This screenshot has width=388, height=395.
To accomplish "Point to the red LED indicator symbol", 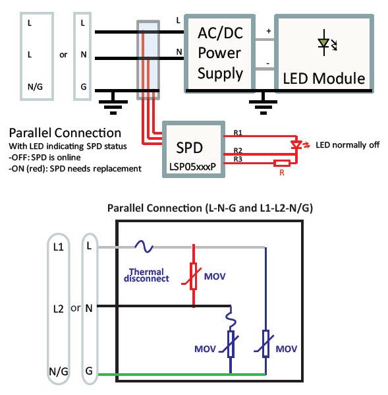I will coord(297,144).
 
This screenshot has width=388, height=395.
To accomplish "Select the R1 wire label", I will coord(239,134).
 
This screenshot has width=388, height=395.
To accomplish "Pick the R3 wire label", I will coord(239,159).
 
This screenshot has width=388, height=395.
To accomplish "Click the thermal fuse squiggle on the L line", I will coord(144,247).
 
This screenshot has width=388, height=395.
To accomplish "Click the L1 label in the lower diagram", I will coord(57,246).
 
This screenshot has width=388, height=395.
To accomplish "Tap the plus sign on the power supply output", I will coord(267,31).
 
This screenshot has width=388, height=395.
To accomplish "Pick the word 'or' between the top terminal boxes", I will coord(63,55).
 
